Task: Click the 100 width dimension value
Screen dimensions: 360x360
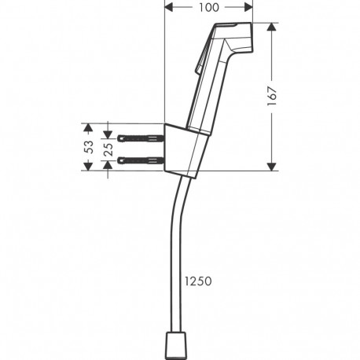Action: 208,8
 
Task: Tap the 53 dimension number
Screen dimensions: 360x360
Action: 89,146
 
